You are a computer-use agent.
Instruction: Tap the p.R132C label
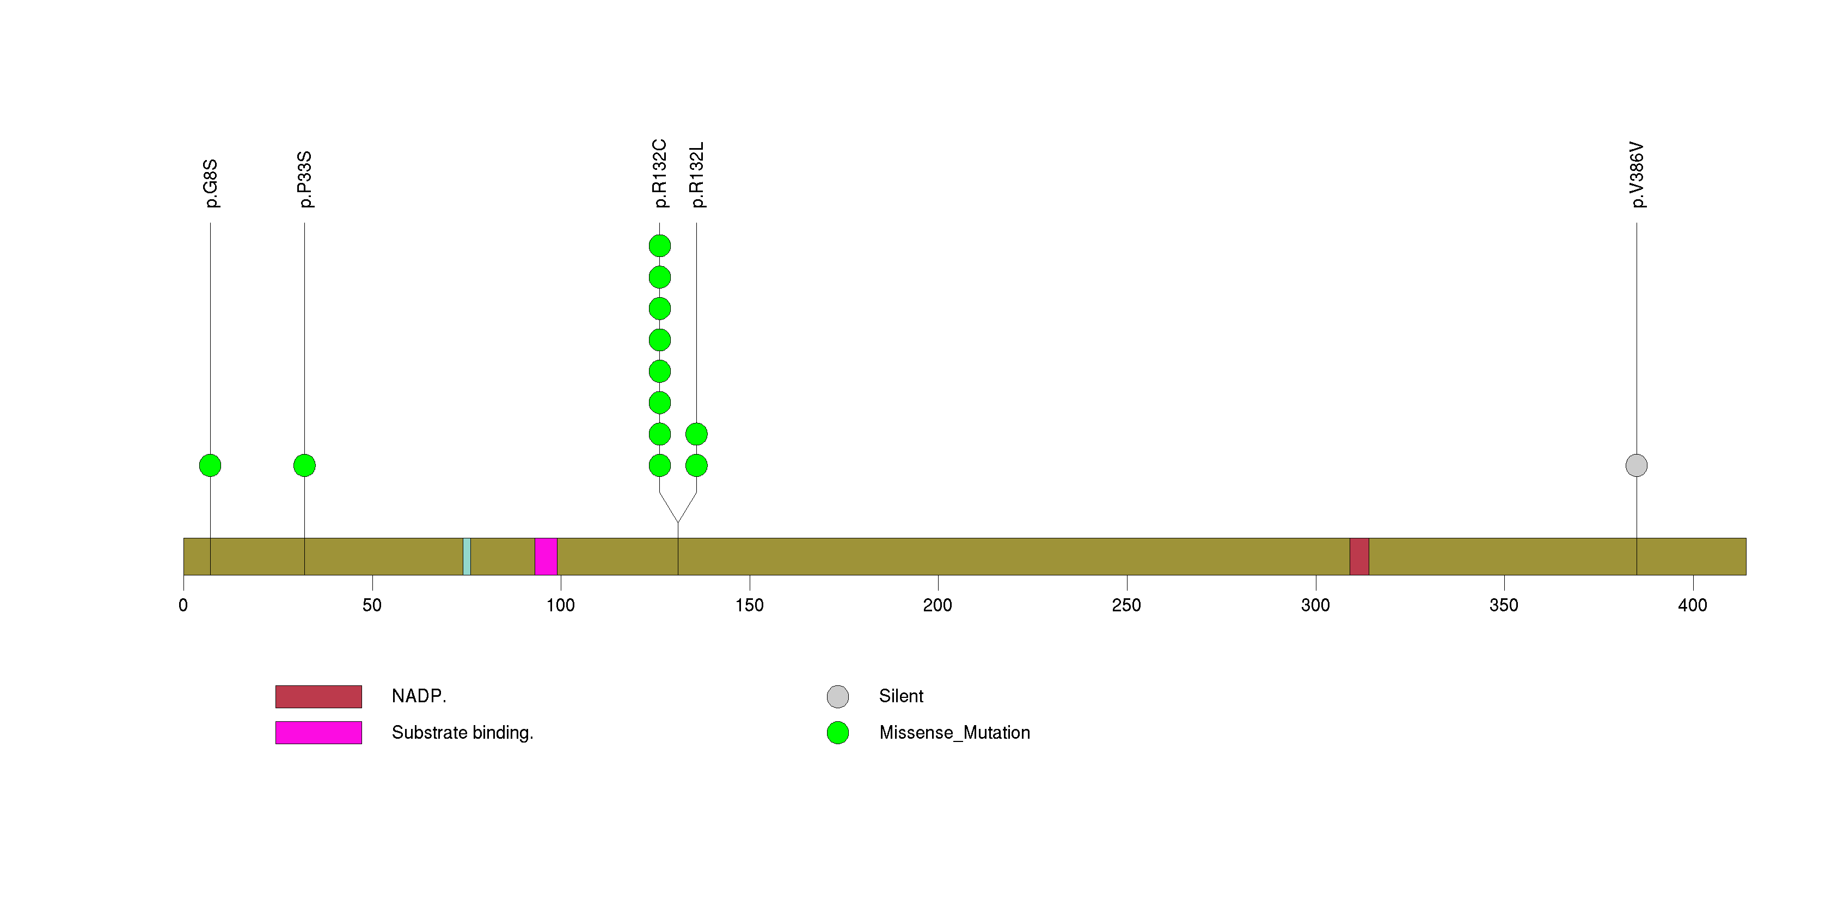coord(660,173)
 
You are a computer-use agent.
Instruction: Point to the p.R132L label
coord(697,175)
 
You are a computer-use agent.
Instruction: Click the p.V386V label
coord(1637,175)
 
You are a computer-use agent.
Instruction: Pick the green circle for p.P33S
coord(305,465)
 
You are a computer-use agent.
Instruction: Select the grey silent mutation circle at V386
coord(1637,465)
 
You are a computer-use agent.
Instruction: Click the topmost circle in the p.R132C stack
coord(660,246)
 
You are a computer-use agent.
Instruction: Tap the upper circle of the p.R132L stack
coord(696,434)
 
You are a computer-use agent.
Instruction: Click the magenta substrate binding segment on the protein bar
coord(546,556)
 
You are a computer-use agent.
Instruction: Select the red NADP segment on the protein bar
coord(1359,556)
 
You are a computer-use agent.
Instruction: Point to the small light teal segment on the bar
coord(467,556)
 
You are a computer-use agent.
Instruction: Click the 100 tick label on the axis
coord(561,605)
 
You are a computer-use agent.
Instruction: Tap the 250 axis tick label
coord(1126,605)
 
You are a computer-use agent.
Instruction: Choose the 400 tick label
coord(1693,605)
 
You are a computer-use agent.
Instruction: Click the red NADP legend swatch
coord(319,697)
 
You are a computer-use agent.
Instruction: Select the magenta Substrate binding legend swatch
coord(319,732)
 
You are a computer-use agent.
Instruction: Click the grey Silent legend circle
coord(838,697)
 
